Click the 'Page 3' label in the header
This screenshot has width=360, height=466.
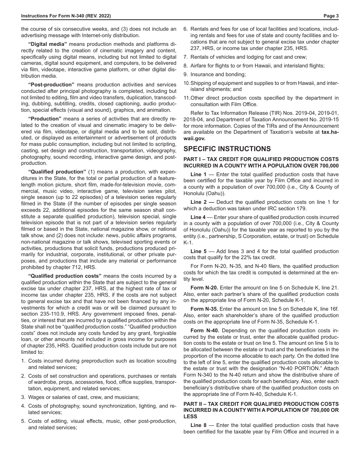331,16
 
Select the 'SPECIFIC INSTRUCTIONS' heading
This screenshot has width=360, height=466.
227,149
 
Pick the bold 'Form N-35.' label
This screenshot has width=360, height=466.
204,309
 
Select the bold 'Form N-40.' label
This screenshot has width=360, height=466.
205,330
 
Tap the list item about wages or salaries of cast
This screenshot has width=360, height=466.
83,397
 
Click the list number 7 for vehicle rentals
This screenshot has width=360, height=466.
186,57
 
